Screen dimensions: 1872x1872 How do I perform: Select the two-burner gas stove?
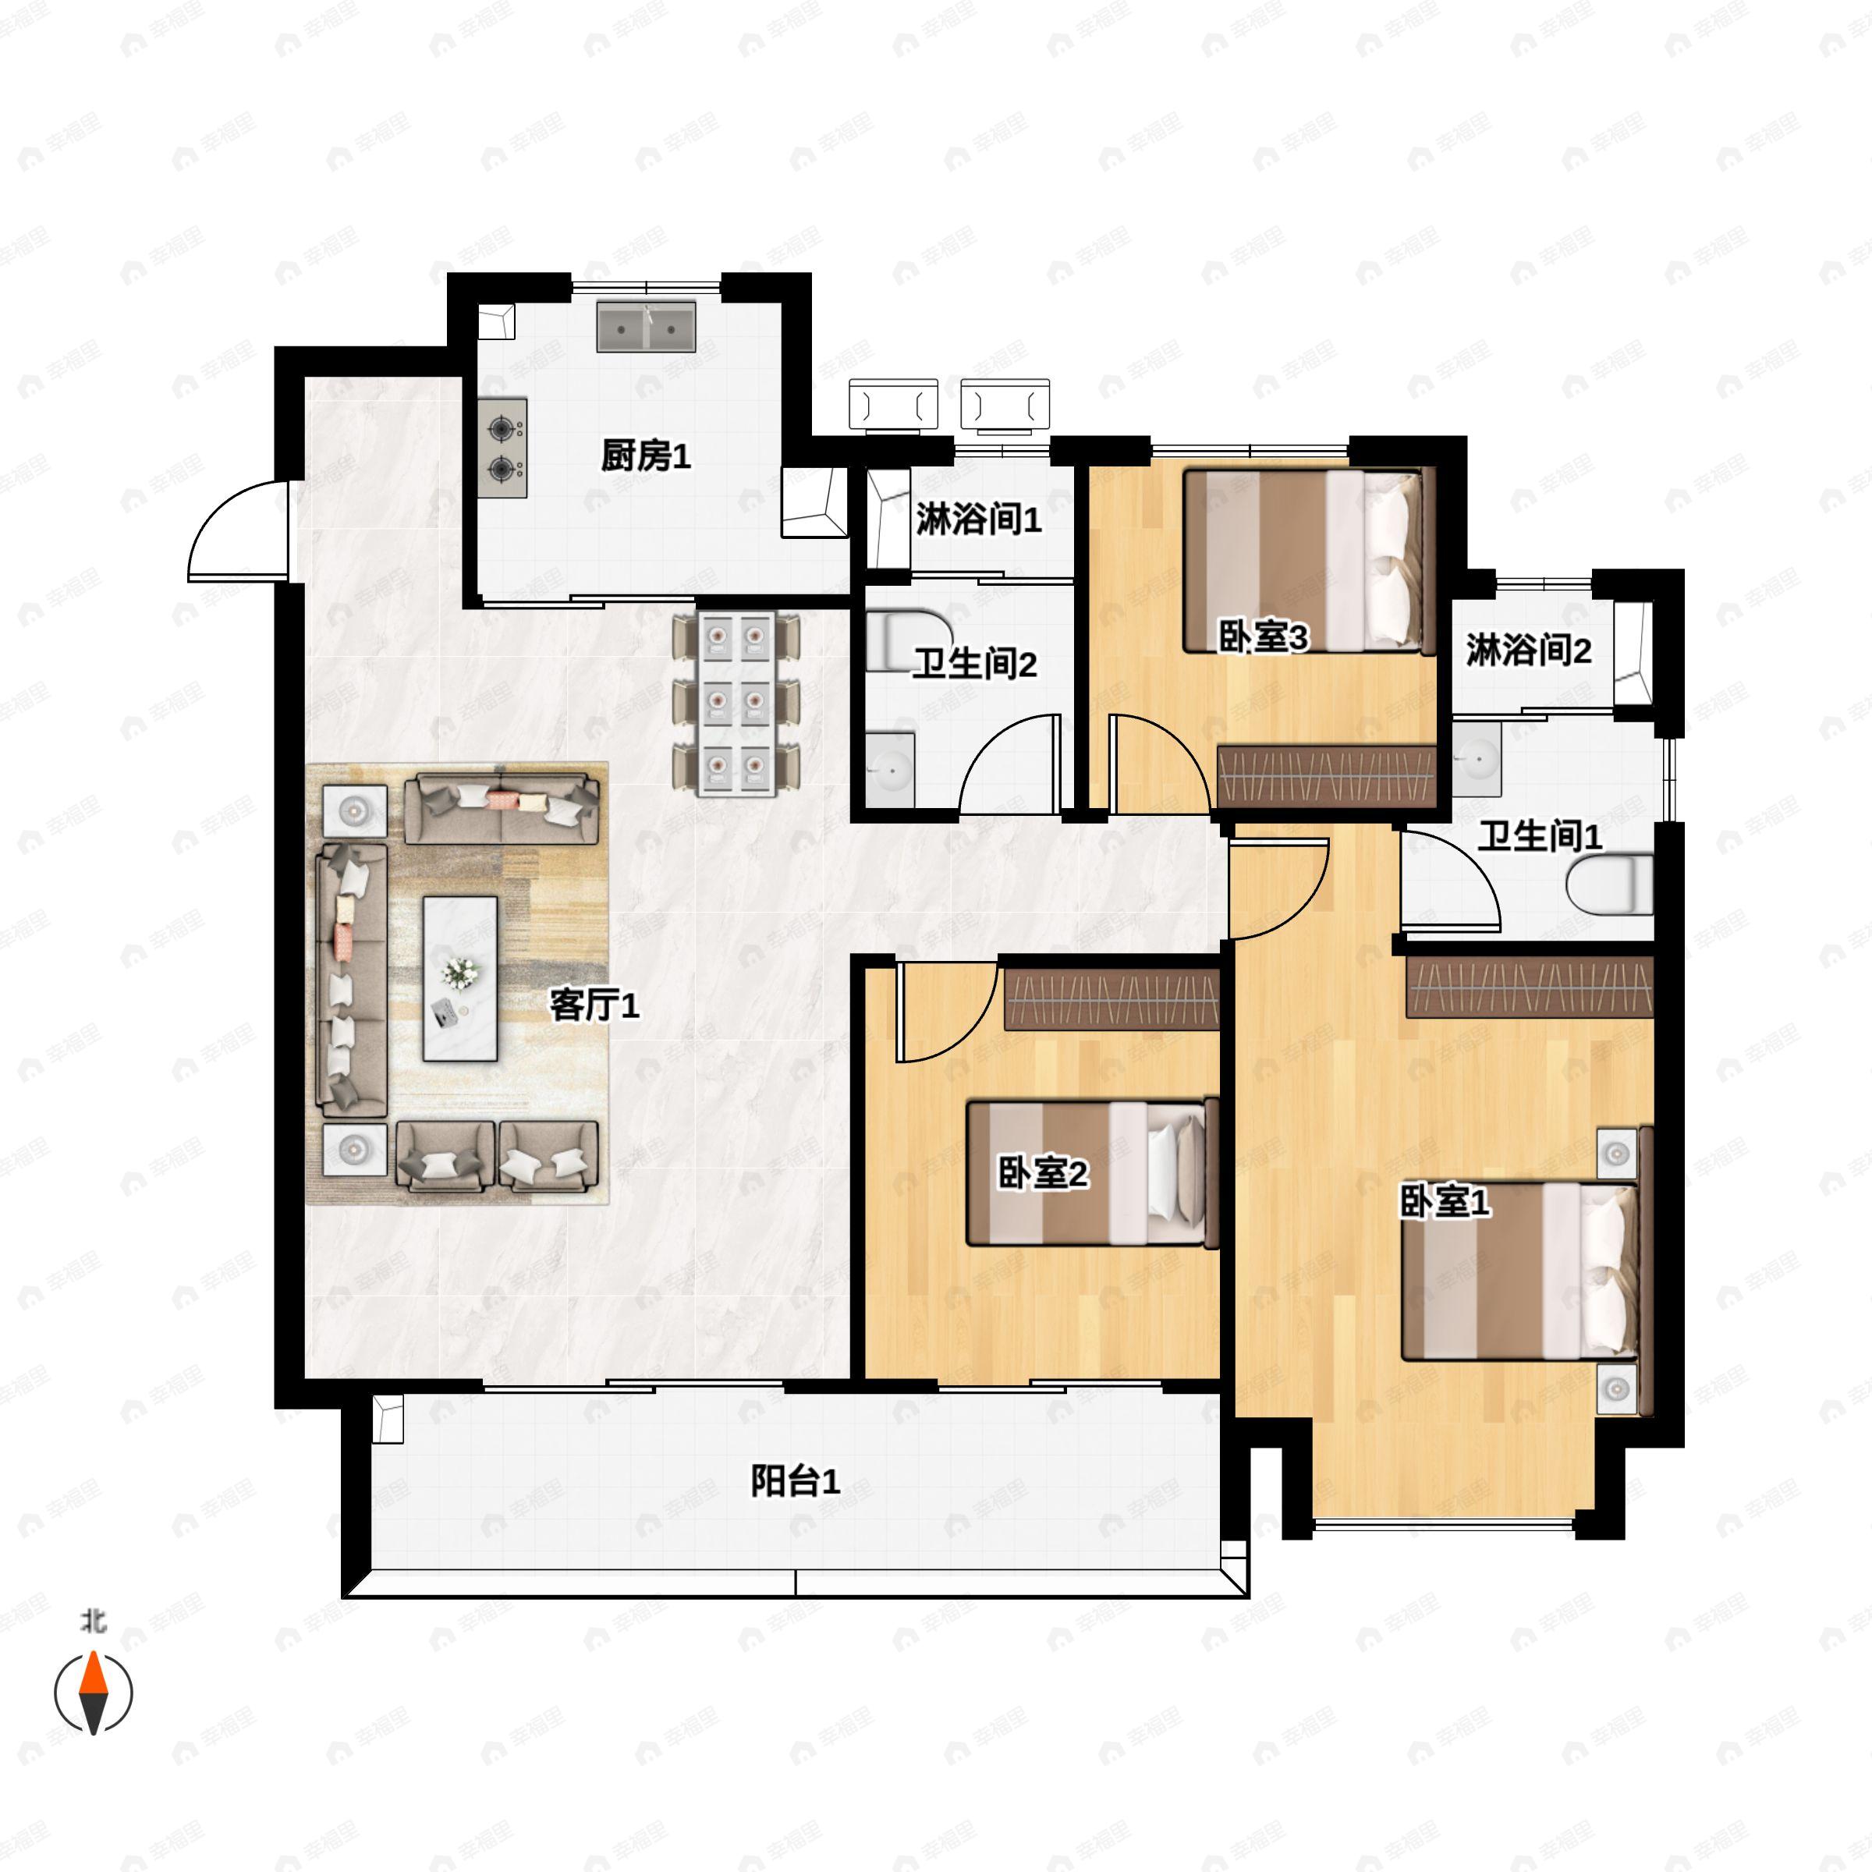point(502,448)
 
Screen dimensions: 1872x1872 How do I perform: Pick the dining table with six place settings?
point(737,704)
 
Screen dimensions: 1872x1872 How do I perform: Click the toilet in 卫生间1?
point(1609,883)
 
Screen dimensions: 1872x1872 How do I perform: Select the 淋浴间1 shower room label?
point(979,520)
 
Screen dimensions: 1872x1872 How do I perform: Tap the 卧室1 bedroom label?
point(1445,1203)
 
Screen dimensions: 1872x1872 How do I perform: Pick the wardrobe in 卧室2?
point(1111,999)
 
